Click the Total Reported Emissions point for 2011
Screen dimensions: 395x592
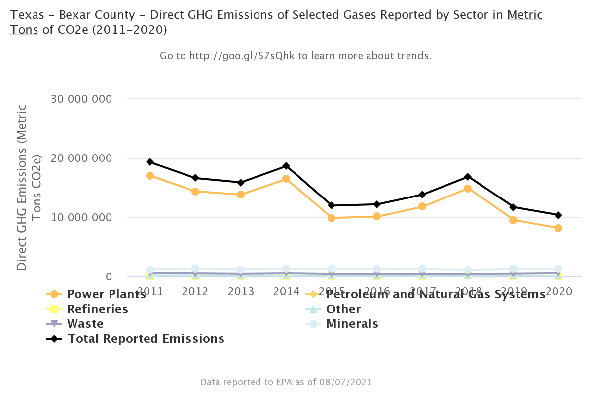(x=150, y=162)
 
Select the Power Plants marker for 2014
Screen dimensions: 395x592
(x=286, y=179)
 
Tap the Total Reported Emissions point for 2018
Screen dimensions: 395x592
(x=468, y=177)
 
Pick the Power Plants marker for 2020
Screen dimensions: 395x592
(x=558, y=228)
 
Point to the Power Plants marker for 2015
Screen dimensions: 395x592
(x=332, y=218)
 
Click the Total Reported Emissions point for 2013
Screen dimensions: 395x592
(x=241, y=183)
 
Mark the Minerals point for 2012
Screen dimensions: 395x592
(x=195, y=269)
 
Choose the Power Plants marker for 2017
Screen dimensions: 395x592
(x=422, y=206)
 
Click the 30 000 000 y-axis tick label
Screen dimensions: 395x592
(x=82, y=99)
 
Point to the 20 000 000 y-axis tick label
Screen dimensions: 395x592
(x=82, y=158)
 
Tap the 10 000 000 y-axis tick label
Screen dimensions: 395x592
(x=82, y=218)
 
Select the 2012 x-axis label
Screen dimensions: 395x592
(x=195, y=291)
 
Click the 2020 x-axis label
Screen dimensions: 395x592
(x=558, y=291)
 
